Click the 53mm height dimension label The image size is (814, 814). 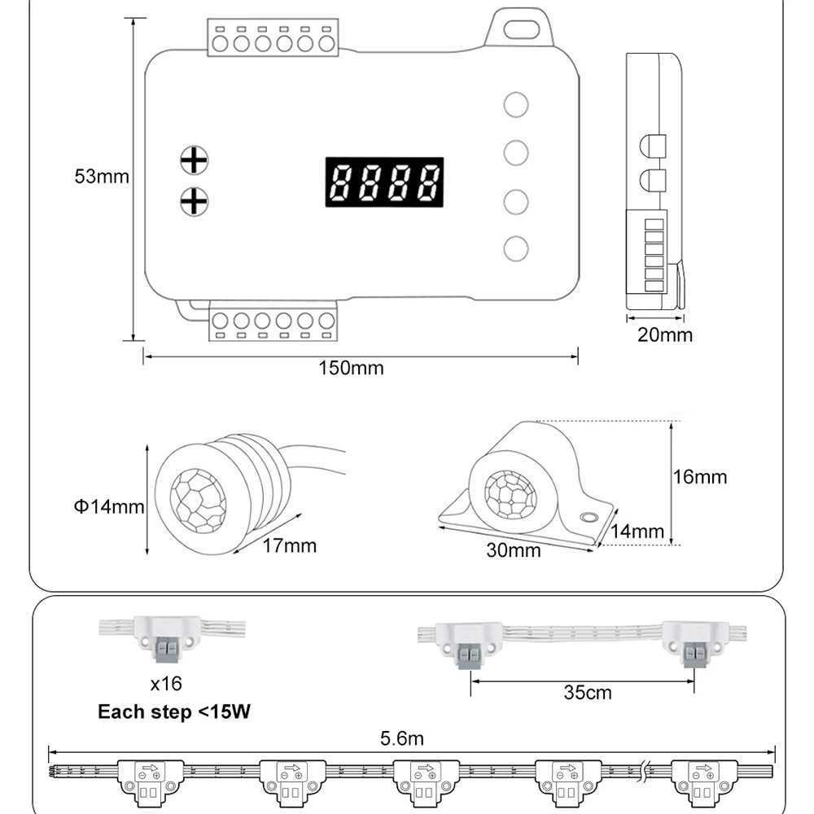(102, 176)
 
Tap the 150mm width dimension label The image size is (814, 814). (351, 368)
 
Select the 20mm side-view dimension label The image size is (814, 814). (665, 335)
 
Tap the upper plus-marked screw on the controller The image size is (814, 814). (194, 160)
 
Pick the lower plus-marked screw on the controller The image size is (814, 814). (194, 200)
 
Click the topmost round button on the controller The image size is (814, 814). (516, 104)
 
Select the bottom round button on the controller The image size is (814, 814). (516, 248)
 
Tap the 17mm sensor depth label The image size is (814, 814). (290, 545)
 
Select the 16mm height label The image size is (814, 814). (700, 476)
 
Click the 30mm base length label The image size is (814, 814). (514, 550)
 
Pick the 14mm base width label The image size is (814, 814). (637, 531)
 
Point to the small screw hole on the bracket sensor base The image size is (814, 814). (587, 517)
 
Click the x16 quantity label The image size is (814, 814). (166, 683)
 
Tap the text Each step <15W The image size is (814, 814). (174, 712)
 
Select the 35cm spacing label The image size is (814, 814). (587, 694)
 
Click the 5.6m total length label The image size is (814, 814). (402, 739)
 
